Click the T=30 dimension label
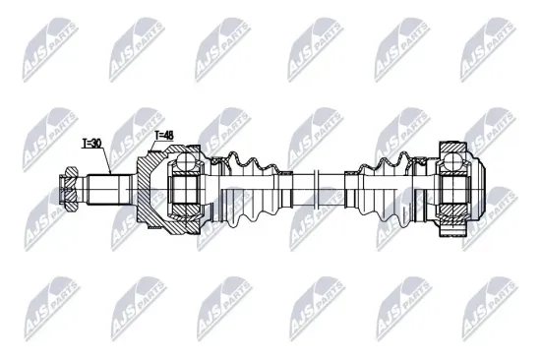91,143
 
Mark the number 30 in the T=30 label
96,143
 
